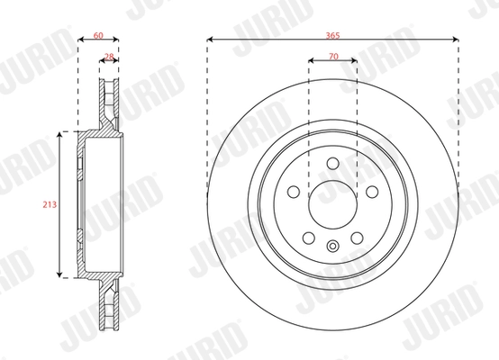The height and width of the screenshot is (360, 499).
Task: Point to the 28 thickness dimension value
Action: (x=109, y=56)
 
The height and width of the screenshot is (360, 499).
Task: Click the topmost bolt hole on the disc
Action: (x=332, y=163)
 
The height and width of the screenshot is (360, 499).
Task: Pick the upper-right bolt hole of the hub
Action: (x=370, y=191)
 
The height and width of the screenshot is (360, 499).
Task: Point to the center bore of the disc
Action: (x=332, y=204)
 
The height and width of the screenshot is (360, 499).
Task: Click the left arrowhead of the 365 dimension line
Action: (x=210, y=40)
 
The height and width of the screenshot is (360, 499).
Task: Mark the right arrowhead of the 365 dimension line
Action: (x=458, y=40)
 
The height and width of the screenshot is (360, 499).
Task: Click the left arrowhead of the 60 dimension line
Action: (x=79, y=40)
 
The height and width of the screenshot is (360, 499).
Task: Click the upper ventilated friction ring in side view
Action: (x=108, y=103)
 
